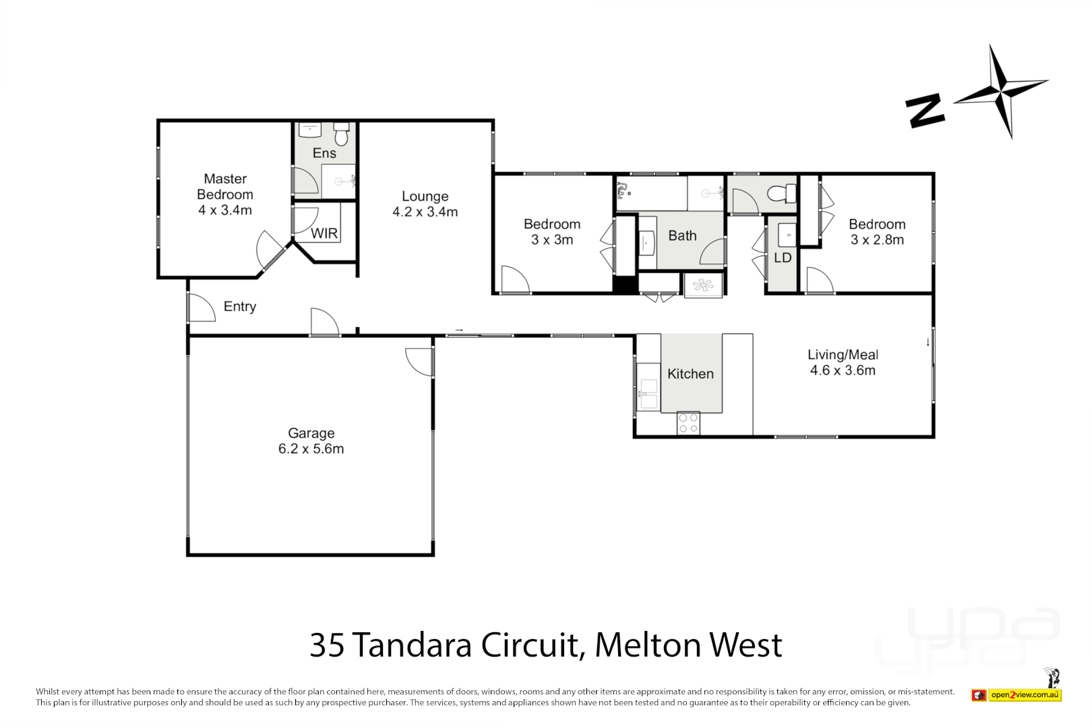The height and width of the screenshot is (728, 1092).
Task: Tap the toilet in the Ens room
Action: click(x=341, y=133)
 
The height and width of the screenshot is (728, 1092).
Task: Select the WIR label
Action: click(x=324, y=233)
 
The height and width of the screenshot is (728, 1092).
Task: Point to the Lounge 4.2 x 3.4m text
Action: click(x=425, y=204)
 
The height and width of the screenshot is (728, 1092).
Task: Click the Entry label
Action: click(x=240, y=307)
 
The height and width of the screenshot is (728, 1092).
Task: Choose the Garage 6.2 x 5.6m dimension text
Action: click(x=311, y=449)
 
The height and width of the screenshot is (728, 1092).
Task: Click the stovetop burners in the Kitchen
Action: click(x=688, y=423)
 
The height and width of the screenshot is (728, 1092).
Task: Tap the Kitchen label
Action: click(x=690, y=374)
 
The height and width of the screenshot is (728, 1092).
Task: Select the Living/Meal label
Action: click(x=843, y=355)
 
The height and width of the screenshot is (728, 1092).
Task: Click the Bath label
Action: click(x=682, y=236)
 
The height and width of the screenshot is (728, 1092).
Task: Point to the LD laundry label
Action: click(x=782, y=258)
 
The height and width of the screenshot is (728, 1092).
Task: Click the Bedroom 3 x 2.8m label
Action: click(x=877, y=232)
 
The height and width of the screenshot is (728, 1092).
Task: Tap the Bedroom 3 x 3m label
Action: click(x=552, y=232)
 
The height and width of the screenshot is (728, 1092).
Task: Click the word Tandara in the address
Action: click(x=412, y=645)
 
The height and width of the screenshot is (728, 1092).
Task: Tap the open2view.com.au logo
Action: click(x=1025, y=695)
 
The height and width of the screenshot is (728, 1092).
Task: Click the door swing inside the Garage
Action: click(x=420, y=361)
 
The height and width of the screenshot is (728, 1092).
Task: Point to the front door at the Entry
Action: click(x=200, y=308)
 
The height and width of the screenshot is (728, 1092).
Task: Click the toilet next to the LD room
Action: click(x=783, y=194)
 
